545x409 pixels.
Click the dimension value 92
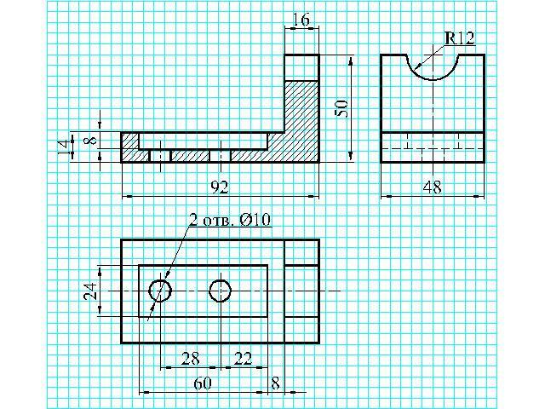tap(219, 186)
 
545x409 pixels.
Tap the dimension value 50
tap(341, 107)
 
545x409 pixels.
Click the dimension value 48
tap(432, 187)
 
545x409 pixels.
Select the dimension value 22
tap(243, 358)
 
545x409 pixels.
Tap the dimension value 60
tap(203, 383)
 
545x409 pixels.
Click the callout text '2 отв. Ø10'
tap(230, 220)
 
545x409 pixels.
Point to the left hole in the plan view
tap(160, 291)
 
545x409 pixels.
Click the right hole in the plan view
tap(221, 291)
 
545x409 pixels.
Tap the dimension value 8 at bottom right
tap(275, 383)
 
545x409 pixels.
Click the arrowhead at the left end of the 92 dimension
tap(127, 197)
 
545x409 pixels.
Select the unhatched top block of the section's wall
tap(301, 66)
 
